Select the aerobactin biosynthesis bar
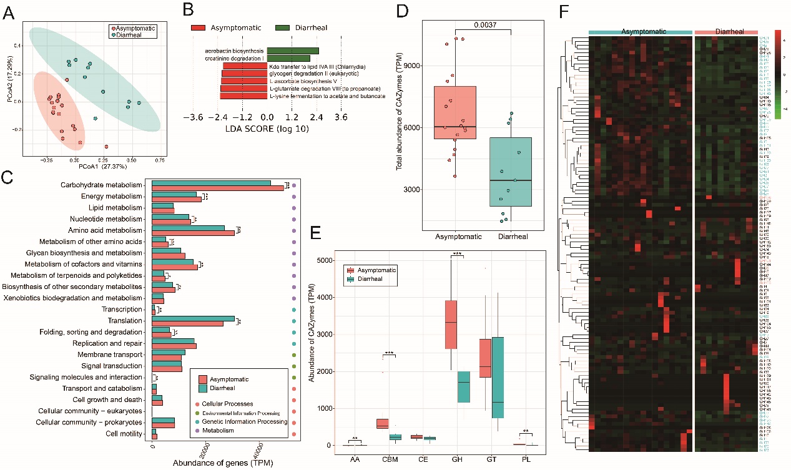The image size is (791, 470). (293, 51)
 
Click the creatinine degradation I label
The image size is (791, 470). (233, 58)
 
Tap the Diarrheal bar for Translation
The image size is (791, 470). (193, 318)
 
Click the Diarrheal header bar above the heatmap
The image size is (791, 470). (727, 31)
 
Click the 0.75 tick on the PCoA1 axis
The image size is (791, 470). (160, 159)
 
